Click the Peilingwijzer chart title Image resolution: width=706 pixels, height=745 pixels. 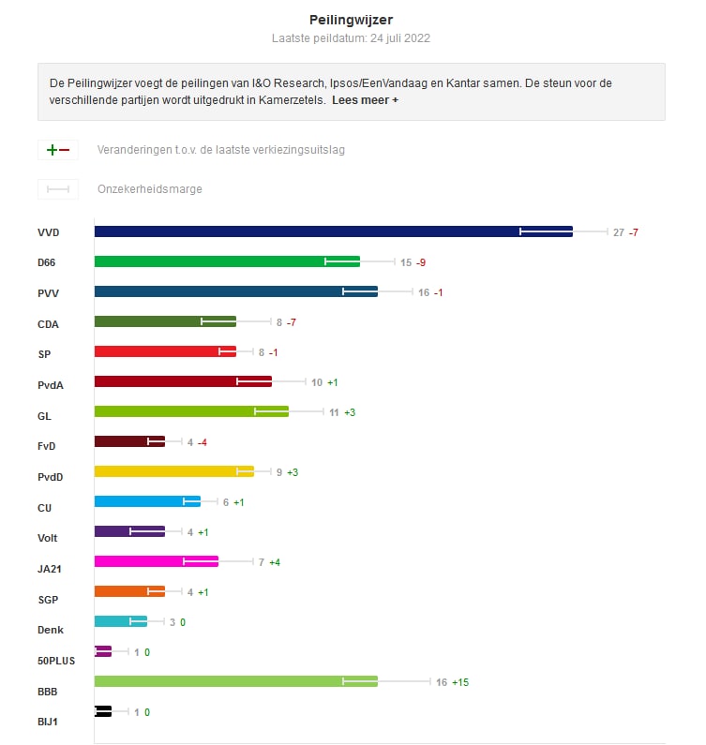click(352, 19)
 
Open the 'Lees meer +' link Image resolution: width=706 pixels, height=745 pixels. click(365, 100)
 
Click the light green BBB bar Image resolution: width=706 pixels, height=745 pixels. click(235, 681)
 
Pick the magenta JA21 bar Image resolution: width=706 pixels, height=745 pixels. click(156, 561)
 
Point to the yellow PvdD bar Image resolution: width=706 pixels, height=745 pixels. click(173, 471)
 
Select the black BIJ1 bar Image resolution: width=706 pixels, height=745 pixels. click(103, 711)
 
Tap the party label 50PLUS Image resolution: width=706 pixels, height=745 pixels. click(56, 661)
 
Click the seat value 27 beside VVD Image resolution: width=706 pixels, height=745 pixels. click(619, 232)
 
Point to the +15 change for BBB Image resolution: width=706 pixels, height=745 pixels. click(459, 682)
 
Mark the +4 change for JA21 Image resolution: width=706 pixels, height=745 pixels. click(276, 562)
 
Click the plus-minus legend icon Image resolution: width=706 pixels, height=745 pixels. click(57, 150)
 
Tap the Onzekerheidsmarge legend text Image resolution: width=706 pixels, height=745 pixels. click(150, 189)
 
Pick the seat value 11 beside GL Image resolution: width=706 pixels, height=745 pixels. click(334, 412)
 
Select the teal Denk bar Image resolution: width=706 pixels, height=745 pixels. click(121, 621)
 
